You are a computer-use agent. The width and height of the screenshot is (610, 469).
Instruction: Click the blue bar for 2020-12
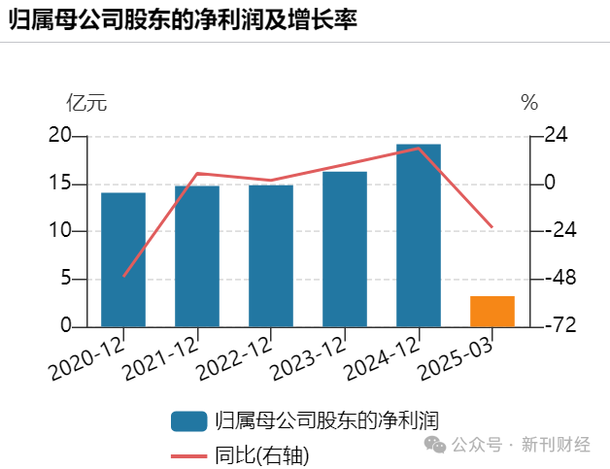(123, 259)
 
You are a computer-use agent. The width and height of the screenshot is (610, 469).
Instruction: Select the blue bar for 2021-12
(197, 256)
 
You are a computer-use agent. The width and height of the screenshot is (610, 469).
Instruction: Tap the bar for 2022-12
(271, 256)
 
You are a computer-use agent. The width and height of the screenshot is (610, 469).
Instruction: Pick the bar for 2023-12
(345, 250)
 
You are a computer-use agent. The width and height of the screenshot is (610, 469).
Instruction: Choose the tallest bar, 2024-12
(419, 235)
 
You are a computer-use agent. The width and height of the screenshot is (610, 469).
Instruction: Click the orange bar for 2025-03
(492, 311)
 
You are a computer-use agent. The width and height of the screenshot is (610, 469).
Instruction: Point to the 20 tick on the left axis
(60, 136)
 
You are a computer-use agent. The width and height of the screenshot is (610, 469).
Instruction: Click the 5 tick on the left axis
(66, 279)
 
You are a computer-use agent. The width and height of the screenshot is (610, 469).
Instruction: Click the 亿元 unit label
(85, 102)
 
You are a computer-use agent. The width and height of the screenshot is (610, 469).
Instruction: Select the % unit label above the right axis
(528, 102)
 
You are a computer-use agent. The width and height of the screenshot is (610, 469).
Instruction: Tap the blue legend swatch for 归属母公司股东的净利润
(188, 420)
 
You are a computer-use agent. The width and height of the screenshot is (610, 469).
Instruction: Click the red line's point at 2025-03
(492, 227)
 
